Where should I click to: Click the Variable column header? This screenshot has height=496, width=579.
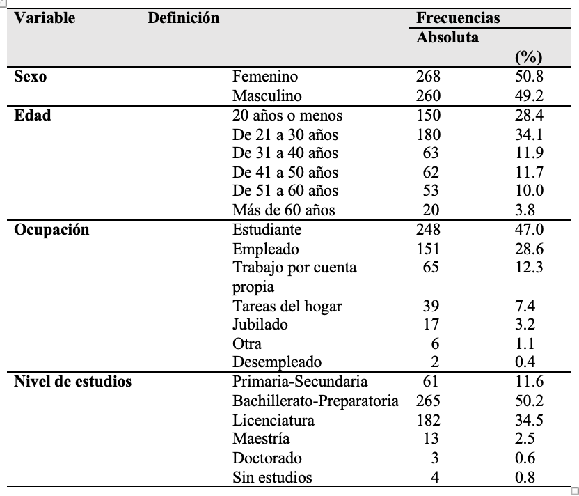click(x=45, y=17)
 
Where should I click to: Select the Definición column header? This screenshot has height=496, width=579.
click(x=184, y=17)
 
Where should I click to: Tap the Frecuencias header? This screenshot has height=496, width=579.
click(x=458, y=17)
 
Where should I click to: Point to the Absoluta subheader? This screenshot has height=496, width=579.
click(x=447, y=38)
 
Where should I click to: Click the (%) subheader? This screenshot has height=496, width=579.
click(x=529, y=57)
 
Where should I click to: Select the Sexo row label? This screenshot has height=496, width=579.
click(x=31, y=77)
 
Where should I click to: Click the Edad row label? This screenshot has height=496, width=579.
click(x=33, y=116)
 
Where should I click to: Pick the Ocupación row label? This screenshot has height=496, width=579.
click(x=51, y=230)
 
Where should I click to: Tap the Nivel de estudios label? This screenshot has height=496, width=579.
click(x=73, y=382)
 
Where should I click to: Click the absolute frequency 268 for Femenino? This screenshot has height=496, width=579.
click(x=429, y=77)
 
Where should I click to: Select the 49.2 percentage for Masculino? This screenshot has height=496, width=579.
click(x=529, y=95)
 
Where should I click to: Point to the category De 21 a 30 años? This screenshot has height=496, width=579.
click(x=285, y=135)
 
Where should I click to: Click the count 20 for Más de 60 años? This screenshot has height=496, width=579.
click(x=431, y=210)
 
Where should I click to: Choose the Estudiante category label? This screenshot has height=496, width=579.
click(x=267, y=229)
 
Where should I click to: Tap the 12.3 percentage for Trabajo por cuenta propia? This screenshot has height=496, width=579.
click(x=529, y=267)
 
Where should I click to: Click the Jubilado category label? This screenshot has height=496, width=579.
click(x=260, y=324)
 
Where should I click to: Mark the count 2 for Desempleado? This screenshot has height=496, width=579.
click(x=435, y=362)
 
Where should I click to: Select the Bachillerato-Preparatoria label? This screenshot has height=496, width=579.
click(x=315, y=401)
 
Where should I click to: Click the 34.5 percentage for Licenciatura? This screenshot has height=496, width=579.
click(x=529, y=420)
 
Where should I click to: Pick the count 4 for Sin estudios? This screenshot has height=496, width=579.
click(x=435, y=477)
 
